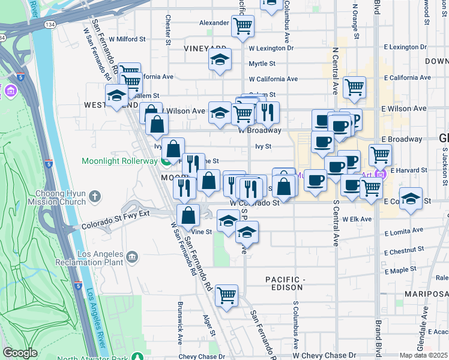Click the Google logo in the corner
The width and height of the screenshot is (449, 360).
coord(20,353)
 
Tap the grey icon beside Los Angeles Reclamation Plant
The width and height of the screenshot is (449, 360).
coord(131,257)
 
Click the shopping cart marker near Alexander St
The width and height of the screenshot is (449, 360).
coord(243,26)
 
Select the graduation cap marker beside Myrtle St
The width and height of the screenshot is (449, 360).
coord(220,60)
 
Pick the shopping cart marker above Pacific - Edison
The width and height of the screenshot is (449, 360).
coord(226,295)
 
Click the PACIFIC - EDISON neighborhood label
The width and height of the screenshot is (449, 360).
coord(286,283)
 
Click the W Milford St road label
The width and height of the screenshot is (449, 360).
coord(126,39)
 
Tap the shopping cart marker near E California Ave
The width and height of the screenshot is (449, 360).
coord(354,86)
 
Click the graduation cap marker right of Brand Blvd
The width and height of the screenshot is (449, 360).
coord(411,199)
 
